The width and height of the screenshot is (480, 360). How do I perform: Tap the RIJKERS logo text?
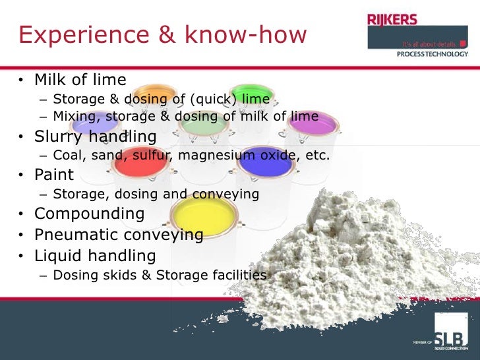(393, 20)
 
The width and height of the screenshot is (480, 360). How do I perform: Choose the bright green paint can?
(253, 94)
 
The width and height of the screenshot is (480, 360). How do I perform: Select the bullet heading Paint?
(54, 176)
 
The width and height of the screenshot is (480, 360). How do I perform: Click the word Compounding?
(89, 214)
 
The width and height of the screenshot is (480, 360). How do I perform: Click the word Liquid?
(59, 256)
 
